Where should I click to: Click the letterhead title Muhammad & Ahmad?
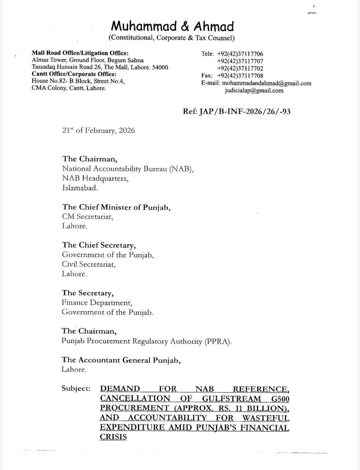[172, 26]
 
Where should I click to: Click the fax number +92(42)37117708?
[240, 76]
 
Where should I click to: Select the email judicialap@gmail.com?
[254, 90]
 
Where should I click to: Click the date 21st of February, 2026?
[98, 130]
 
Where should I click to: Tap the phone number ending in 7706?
[240, 54]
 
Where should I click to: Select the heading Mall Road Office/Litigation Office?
[80, 53]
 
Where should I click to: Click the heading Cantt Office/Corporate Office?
[74, 74]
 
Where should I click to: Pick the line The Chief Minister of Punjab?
[116, 207]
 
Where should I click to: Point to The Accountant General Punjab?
[121, 360]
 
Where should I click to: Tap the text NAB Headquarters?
[95, 178]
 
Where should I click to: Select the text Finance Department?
[97, 303]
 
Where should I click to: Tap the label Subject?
[76, 388]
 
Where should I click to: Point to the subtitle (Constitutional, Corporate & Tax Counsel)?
[172, 38]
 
